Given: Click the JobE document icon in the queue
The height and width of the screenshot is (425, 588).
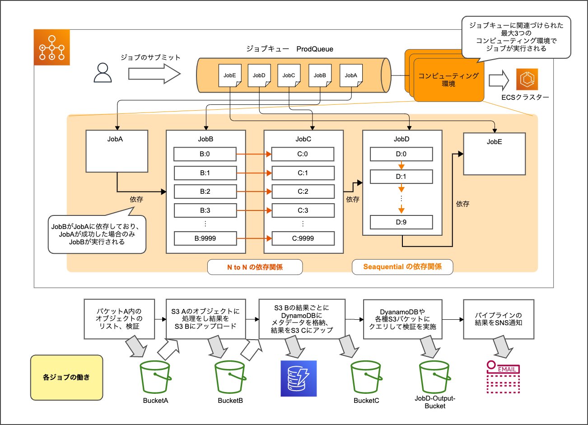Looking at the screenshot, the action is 230,75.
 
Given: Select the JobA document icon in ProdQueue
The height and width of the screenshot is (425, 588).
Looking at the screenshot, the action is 351,75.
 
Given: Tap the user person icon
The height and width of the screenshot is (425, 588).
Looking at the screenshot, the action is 103,73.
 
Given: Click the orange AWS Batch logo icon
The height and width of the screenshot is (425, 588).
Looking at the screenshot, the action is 52,47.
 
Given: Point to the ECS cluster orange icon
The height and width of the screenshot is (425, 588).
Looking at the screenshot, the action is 527,79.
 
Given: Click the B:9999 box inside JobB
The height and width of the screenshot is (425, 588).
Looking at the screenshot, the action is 205,238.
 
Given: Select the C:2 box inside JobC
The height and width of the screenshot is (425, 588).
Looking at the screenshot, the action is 303,191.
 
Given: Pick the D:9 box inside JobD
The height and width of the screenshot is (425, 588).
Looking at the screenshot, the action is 401,222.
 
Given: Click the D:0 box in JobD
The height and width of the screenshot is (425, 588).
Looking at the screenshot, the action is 401,154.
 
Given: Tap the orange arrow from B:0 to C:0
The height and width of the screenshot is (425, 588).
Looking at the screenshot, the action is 254,154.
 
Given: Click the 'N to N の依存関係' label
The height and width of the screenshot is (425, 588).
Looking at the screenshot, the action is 255,267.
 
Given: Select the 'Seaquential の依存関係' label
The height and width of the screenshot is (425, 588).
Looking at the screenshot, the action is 402,267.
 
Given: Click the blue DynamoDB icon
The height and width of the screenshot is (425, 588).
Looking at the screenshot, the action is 299,378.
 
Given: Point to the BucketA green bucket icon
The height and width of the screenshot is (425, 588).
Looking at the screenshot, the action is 155,378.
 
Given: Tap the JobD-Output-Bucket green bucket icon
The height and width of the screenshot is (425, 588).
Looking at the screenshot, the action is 435,378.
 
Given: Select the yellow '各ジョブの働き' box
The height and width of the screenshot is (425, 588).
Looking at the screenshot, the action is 66,378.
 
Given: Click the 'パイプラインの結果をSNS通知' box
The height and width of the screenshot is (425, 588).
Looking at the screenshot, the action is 499,319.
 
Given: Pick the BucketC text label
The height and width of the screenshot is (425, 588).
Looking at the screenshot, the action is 366,401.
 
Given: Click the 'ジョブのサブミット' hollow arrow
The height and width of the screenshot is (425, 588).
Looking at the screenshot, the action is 154,74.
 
